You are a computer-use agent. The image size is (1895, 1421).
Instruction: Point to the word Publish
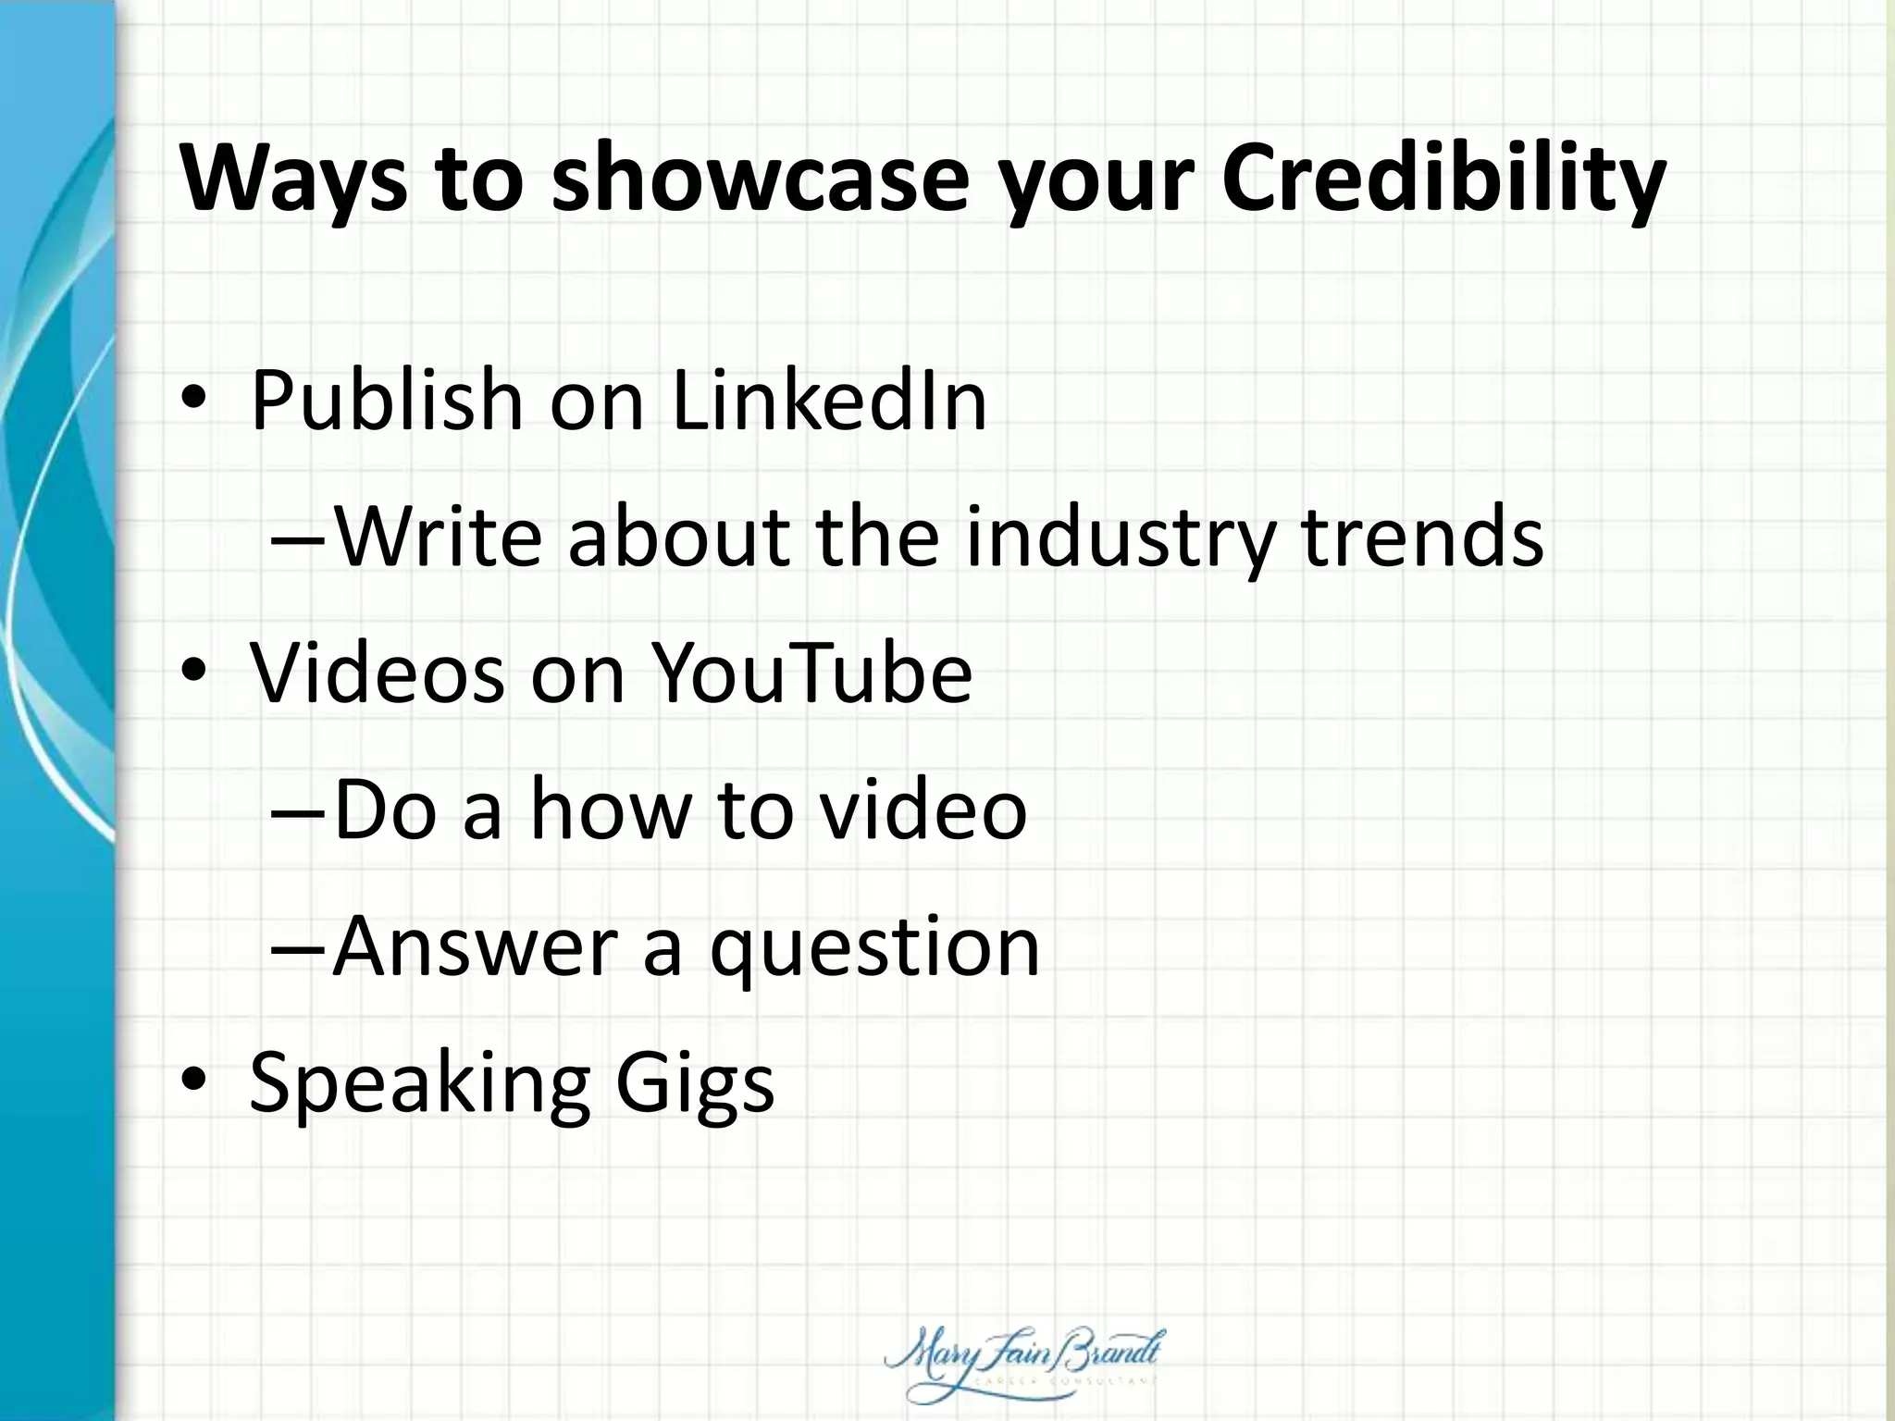click(387, 402)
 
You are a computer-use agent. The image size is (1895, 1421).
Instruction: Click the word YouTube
click(811, 672)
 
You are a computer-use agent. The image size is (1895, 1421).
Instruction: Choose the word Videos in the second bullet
click(378, 672)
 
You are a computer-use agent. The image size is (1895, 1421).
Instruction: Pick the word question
click(874, 949)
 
